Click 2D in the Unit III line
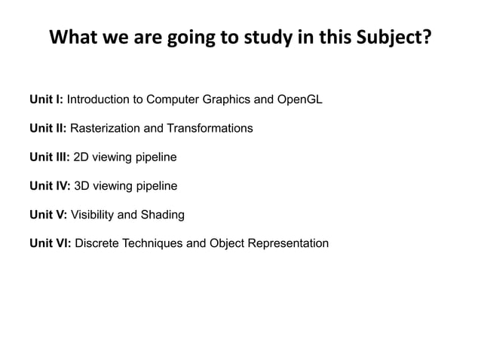coord(81,157)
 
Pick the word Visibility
coord(91,215)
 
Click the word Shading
coord(162,215)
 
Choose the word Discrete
coord(97,243)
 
